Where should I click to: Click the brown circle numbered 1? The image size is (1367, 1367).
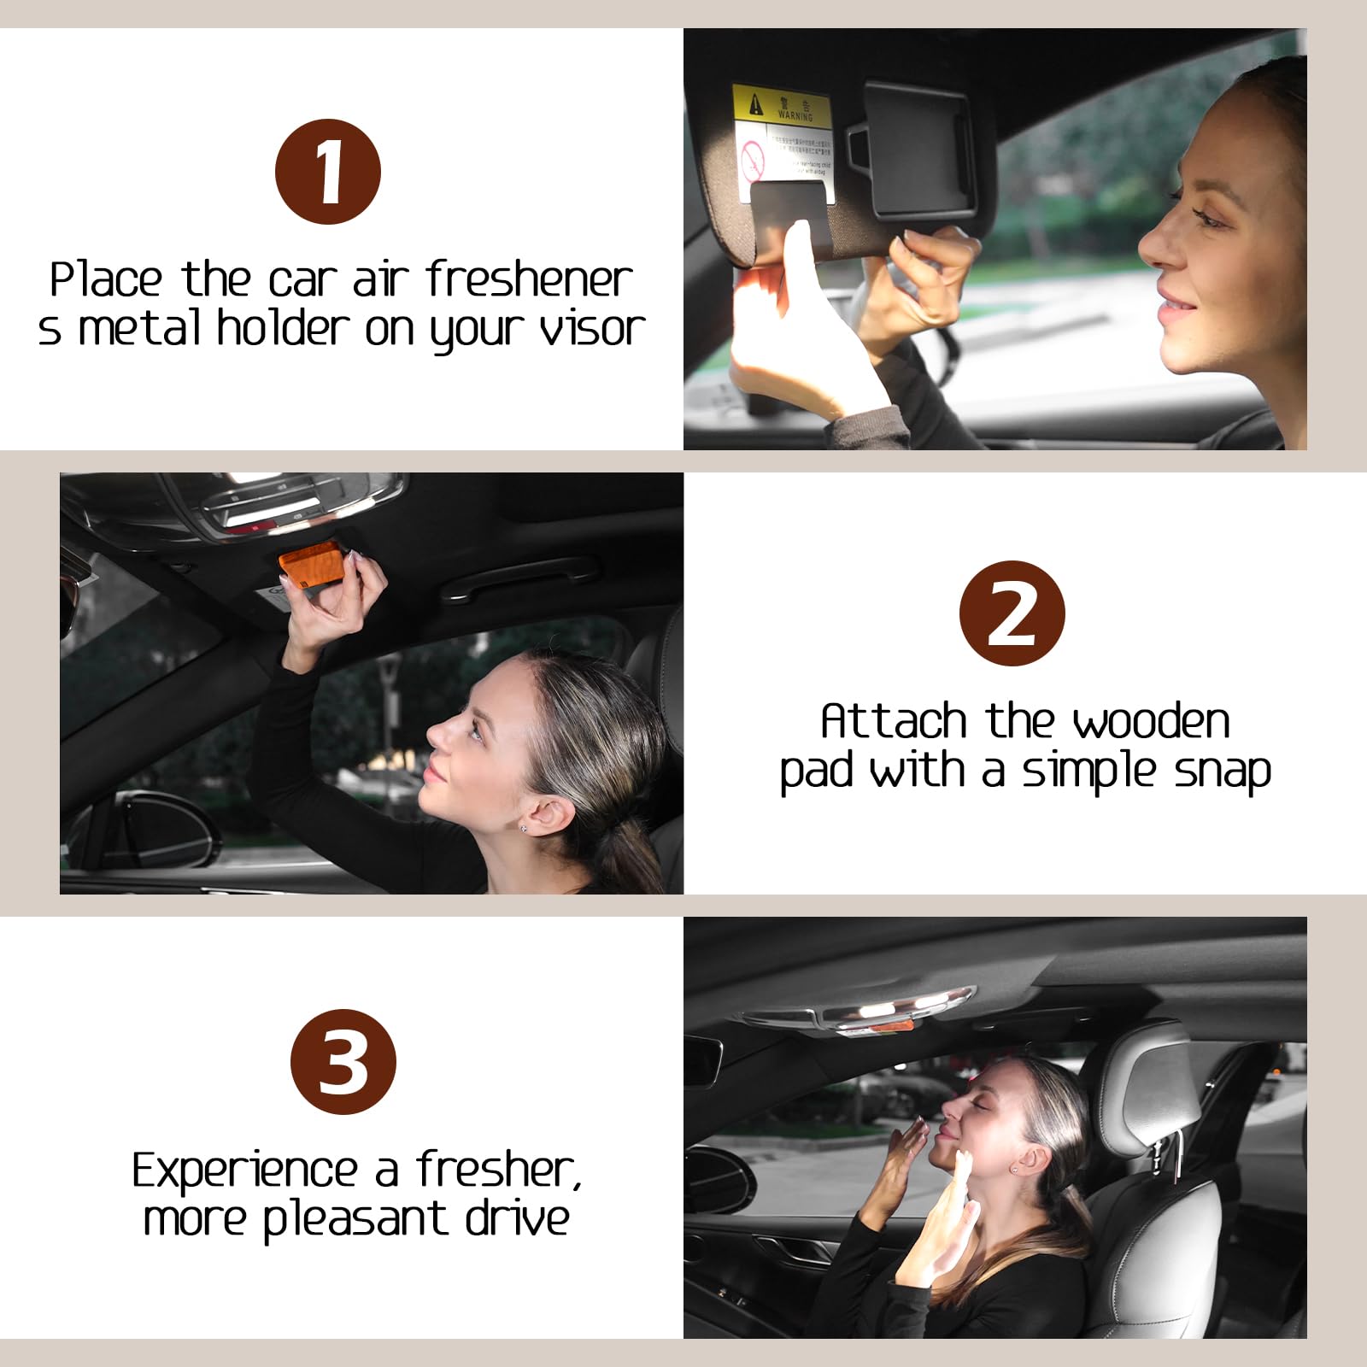pyautogui.click(x=328, y=172)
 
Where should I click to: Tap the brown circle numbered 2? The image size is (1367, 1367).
pyautogui.click(x=1012, y=613)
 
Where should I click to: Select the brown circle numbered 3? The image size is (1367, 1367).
pyautogui.click(x=343, y=1062)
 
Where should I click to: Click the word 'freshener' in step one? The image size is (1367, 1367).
pyautogui.click(x=529, y=280)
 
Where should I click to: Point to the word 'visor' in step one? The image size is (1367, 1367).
pyautogui.click(x=591, y=329)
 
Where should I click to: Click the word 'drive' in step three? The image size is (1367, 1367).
pyautogui.click(x=517, y=1218)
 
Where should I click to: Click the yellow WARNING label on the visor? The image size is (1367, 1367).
pyautogui.click(x=781, y=105)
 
